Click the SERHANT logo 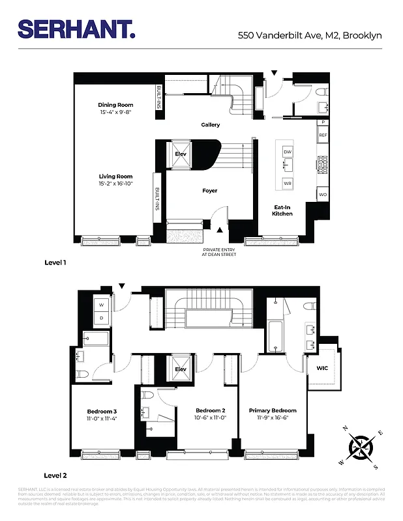point(77,29)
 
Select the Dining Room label point(115,105)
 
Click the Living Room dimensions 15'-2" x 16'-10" point(115,184)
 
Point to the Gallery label point(210,125)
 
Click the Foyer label point(209,191)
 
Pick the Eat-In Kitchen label point(282,210)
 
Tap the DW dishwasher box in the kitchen point(287,151)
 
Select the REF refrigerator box point(322,135)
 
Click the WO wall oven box point(322,195)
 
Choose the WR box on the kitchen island point(287,184)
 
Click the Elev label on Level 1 point(181,154)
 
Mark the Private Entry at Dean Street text point(219,252)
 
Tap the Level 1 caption point(55,263)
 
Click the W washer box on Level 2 point(101,305)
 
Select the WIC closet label point(322,369)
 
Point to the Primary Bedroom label point(273,410)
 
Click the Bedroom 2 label point(210,410)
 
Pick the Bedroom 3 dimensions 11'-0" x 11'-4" point(102,419)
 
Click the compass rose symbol point(360,447)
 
